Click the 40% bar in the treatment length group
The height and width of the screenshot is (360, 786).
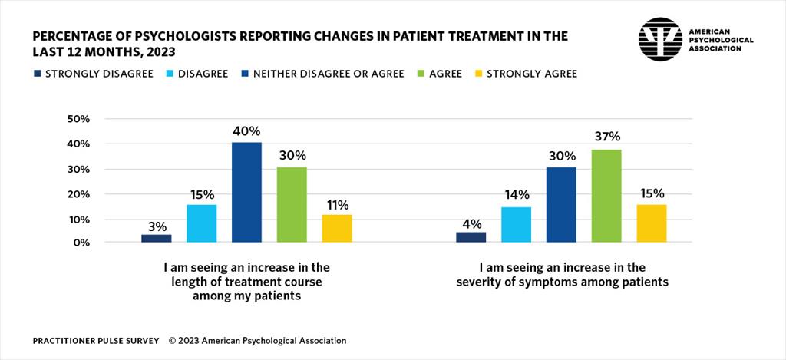246,193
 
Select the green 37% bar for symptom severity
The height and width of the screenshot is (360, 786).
606,196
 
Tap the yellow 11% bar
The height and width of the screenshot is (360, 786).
337,228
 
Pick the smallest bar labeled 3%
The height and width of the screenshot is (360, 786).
156,238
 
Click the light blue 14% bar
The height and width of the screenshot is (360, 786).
516,224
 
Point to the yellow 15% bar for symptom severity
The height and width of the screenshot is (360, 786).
651,223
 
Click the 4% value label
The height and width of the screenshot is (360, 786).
471,224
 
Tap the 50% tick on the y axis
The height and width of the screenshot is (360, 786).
80,119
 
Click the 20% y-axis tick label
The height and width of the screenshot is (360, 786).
80,194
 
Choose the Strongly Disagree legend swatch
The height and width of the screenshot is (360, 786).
37,74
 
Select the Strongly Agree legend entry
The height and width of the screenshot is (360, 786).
525,74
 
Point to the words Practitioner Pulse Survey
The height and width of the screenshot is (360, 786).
96,340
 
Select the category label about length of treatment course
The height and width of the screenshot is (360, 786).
246,282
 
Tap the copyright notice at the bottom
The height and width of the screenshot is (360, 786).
257,340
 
